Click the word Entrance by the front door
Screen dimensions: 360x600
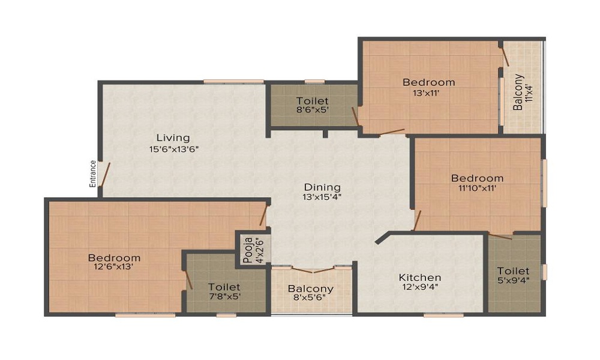[x=93, y=173]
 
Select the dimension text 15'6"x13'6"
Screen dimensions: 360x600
[x=174, y=149]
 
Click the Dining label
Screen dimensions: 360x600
[x=322, y=187]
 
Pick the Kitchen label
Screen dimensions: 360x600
[x=420, y=278]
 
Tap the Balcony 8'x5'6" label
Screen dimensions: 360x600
[x=310, y=289]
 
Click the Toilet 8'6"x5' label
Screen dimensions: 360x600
[x=312, y=101]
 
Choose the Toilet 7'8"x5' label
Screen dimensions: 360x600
[x=224, y=287]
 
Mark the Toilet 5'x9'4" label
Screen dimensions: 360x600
[x=513, y=271]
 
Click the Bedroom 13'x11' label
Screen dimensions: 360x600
[x=428, y=82]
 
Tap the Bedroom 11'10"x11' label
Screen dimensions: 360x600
[x=477, y=178]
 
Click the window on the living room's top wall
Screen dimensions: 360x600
[x=233, y=81]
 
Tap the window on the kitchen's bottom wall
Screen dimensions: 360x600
[x=443, y=314]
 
